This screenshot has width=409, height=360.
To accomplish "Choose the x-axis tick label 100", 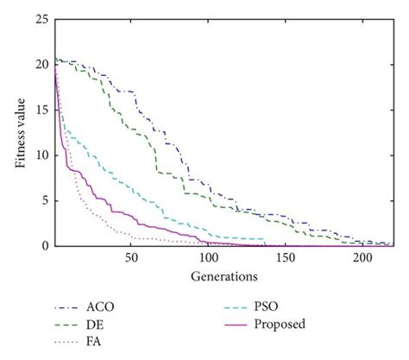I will [x=208, y=258].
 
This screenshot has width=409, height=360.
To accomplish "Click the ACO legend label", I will [x=99, y=306].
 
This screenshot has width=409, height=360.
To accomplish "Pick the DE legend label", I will [x=95, y=325].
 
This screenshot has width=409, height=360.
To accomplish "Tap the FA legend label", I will [x=94, y=343].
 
